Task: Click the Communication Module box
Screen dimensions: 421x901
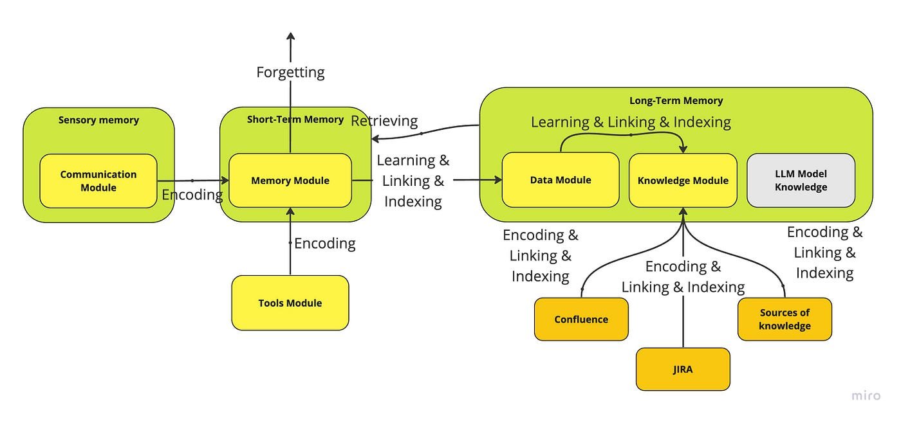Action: click(98, 181)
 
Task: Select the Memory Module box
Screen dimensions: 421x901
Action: click(290, 181)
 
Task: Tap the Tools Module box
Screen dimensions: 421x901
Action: click(290, 303)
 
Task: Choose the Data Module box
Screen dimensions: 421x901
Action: click(560, 180)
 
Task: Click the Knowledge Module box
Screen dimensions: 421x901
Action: click(683, 181)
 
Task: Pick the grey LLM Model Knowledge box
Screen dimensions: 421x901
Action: click(801, 181)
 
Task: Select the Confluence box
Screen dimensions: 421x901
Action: click(581, 319)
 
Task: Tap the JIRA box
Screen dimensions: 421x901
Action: click(683, 370)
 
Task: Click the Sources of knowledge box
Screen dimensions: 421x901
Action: click(785, 319)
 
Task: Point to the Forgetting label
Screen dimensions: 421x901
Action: click(290, 72)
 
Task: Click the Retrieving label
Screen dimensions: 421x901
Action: click(384, 121)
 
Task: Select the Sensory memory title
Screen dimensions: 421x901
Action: click(98, 120)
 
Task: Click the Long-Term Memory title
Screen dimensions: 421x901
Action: click(676, 101)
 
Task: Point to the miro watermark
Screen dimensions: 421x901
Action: click(866, 396)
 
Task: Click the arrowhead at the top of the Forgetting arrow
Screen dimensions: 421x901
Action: click(290, 37)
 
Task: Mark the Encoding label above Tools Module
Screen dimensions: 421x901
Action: click(325, 244)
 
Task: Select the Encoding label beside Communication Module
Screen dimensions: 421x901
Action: click(192, 195)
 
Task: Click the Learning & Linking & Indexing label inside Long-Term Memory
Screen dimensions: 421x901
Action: click(631, 122)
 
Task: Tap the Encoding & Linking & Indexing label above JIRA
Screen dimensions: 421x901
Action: click(683, 276)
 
